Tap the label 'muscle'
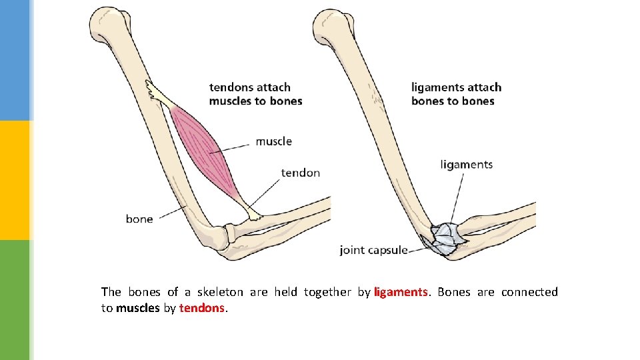coord(273,141)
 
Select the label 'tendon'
coord(300,173)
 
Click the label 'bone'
coord(139,219)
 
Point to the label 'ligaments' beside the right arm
coord(466,165)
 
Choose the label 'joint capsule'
coord(373,251)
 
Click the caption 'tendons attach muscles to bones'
coord(255,94)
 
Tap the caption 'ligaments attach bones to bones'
coord(456,94)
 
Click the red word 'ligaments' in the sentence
coord(401,292)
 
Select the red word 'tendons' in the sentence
coord(203,309)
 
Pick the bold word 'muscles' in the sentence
coord(137,309)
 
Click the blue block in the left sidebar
coord(15,60)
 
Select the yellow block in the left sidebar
coord(15,180)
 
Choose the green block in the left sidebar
coord(15,300)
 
